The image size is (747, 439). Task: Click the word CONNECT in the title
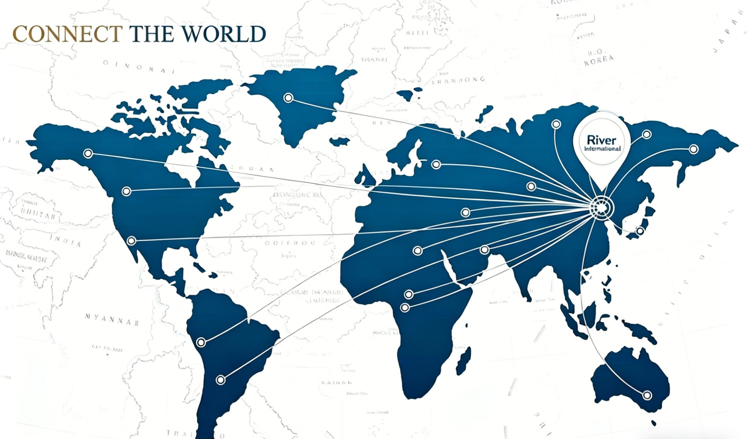click(67, 34)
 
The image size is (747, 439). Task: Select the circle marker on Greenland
click(288, 97)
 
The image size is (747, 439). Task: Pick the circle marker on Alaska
click(88, 153)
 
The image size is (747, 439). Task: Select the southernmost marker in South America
click(220, 380)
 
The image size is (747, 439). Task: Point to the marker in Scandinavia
click(436, 164)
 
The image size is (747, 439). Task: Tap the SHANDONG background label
click(458, 80)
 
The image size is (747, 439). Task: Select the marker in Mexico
click(131, 241)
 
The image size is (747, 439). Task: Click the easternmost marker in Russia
click(694, 149)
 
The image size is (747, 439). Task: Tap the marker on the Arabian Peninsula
click(484, 250)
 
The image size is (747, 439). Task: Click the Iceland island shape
click(340, 141)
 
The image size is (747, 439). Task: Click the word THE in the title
click(151, 34)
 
